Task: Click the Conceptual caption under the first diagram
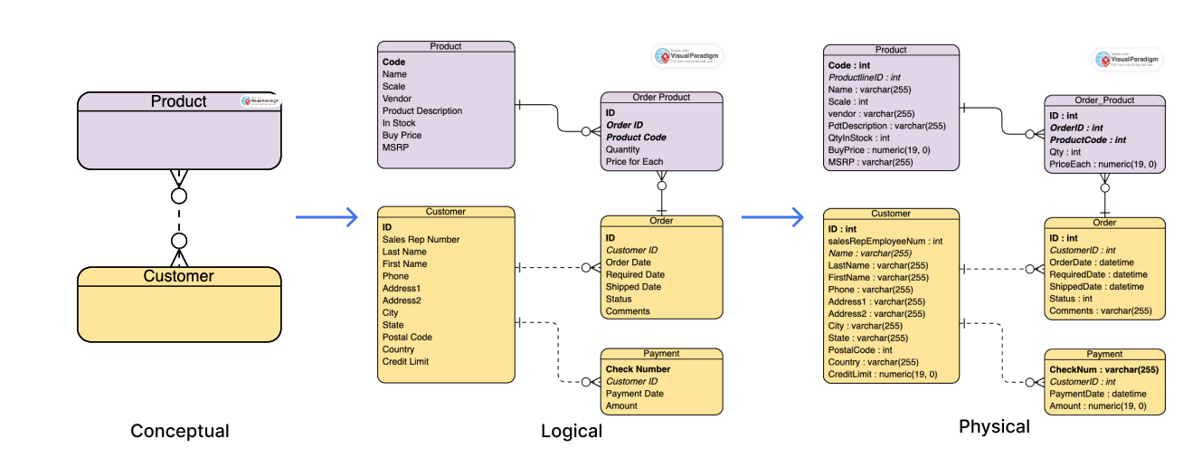(x=179, y=431)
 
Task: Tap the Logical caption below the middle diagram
(x=571, y=431)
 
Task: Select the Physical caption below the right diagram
(x=994, y=426)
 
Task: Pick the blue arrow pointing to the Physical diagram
(x=771, y=217)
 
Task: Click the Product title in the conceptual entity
(x=178, y=101)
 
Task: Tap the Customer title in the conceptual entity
(x=178, y=276)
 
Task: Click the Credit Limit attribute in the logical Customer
(x=405, y=362)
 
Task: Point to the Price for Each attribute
(x=634, y=162)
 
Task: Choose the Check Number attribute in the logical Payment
(x=638, y=369)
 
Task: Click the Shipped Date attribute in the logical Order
(x=633, y=287)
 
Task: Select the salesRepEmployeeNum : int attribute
(x=885, y=241)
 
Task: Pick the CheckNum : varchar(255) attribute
(x=1103, y=369)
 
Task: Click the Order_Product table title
(x=1103, y=100)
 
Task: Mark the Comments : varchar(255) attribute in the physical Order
(x=1100, y=311)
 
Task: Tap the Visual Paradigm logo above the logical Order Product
(x=686, y=56)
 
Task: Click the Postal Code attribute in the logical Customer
(x=407, y=338)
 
